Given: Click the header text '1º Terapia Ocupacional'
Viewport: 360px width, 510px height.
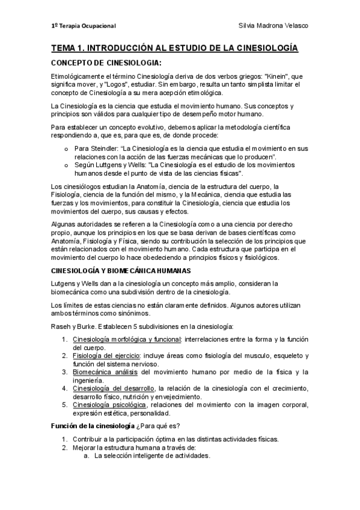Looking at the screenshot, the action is pyautogui.click(x=84, y=26).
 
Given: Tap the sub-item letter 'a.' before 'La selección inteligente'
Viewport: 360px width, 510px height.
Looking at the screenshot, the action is pyautogui.click(x=87, y=455).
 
